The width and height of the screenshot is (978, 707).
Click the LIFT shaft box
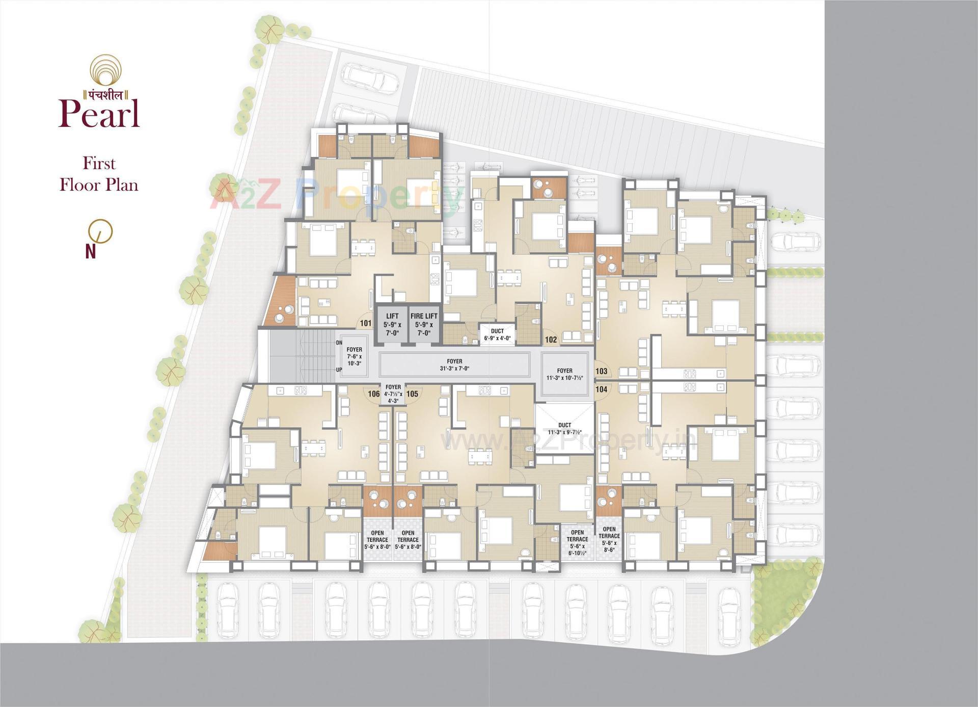[x=392, y=324]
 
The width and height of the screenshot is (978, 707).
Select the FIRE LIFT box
[x=424, y=324]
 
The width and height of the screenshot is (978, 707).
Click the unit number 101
[x=365, y=323]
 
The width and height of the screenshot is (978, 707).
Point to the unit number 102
[x=551, y=339]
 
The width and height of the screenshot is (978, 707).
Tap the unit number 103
[x=601, y=372]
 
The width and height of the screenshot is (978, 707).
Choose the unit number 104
[x=601, y=389]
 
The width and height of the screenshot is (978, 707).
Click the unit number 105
[x=412, y=394]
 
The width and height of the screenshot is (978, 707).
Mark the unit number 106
[x=373, y=394]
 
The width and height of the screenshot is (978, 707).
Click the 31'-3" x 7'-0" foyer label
[x=454, y=364]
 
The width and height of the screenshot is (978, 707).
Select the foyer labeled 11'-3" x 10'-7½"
[x=564, y=374]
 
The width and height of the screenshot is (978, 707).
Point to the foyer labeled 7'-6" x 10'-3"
[x=354, y=356]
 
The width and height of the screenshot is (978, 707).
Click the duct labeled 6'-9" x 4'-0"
[x=497, y=334]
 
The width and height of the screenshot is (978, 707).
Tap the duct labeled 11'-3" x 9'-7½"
[x=564, y=428]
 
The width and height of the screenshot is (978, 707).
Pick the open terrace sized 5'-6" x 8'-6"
[x=609, y=539]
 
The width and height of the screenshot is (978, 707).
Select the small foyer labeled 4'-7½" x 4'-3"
[x=393, y=394]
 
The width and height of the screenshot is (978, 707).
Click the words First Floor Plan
[x=99, y=174]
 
